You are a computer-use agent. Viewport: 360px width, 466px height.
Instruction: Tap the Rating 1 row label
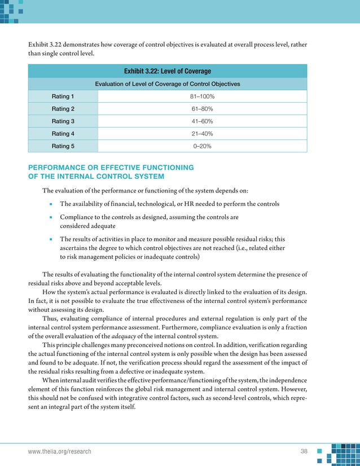point(64,96)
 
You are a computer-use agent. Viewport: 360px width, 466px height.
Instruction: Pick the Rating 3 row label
point(64,121)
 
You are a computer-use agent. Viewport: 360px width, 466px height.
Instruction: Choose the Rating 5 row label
point(64,146)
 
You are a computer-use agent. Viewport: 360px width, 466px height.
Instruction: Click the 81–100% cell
point(202,96)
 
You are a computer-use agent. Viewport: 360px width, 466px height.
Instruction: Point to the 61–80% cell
point(202,109)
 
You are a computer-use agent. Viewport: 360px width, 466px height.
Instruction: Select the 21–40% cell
point(202,134)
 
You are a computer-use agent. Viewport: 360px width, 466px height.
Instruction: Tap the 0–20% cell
point(202,146)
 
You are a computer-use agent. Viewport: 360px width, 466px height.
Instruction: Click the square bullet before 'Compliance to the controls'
point(50,217)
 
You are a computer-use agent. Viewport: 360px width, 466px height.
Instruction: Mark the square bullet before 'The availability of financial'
point(50,204)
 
